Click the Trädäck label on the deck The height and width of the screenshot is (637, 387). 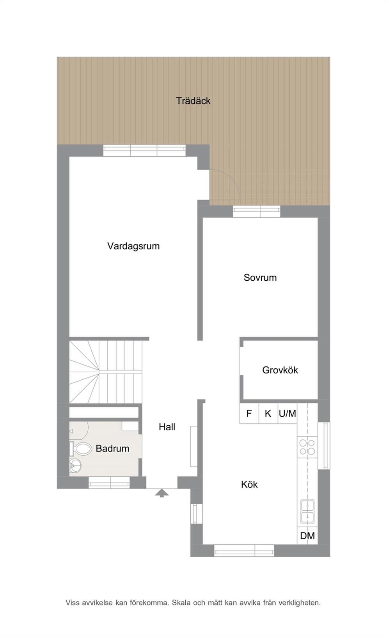(193, 101)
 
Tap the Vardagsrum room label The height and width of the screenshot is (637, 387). (133, 246)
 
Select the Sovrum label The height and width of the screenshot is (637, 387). (260, 278)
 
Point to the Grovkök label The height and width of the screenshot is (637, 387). (280, 370)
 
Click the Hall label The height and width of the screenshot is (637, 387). (167, 426)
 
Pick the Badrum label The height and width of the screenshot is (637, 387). (112, 448)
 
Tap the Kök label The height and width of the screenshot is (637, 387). (249, 484)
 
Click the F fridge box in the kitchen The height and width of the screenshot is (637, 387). (249, 414)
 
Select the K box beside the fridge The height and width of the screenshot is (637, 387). (268, 414)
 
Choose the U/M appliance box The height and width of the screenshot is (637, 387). (288, 414)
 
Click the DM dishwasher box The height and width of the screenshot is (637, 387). (307, 536)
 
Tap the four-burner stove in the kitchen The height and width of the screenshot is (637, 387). (307, 447)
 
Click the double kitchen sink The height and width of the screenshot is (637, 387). (307, 511)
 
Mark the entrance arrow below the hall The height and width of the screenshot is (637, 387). (162, 493)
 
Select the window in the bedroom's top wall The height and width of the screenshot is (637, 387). (256, 211)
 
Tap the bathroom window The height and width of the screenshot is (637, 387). (109, 483)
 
